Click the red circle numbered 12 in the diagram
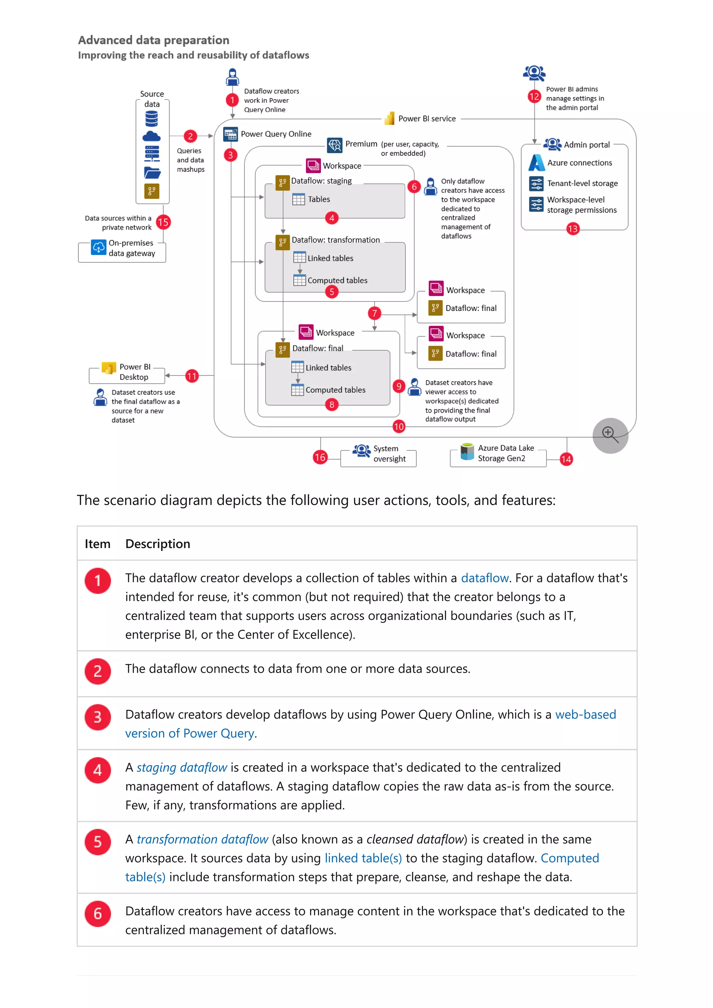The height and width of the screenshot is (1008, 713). click(534, 97)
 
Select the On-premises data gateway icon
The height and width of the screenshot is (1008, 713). click(99, 247)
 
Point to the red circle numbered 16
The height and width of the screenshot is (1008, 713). click(320, 457)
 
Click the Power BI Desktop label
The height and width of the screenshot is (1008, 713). click(134, 371)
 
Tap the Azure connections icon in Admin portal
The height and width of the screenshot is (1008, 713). click(536, 163)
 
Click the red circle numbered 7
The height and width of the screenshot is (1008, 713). click(374, 313)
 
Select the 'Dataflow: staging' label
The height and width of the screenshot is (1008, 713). click(321, 181)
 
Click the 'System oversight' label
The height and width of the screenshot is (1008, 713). click(389, 454)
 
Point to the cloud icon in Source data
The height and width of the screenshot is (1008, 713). click(151, 137)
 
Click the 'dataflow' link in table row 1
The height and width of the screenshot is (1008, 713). click(484, 578)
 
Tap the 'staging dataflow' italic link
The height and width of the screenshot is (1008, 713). click(181, 767)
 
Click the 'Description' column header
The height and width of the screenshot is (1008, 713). click(158, 544)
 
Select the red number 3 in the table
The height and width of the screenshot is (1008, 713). click(97, 717)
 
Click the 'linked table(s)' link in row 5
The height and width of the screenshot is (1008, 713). click(363, 858)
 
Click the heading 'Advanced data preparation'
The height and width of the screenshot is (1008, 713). click(153, 40)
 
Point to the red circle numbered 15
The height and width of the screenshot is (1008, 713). click(163, 222)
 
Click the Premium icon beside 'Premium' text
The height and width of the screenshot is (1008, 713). click(334, 145)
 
